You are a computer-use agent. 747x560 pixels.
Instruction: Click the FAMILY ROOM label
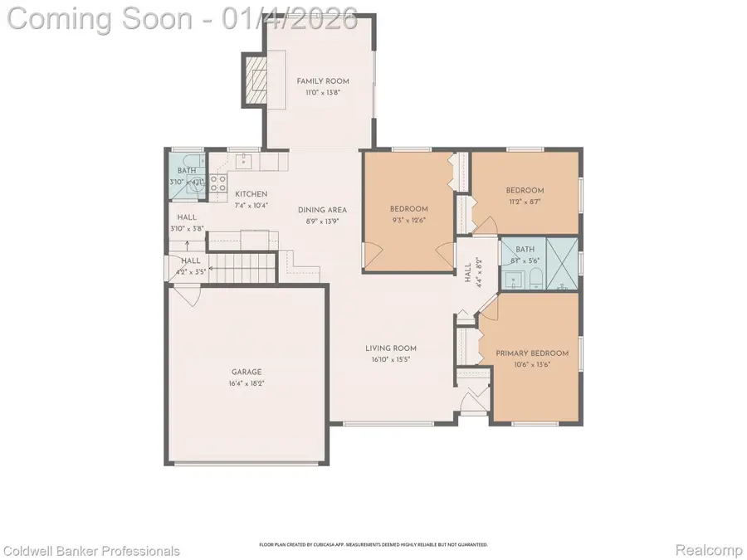(323, 81)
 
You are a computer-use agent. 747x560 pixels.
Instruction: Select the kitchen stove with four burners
(218, 183)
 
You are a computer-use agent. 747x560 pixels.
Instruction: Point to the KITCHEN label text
(250, 194)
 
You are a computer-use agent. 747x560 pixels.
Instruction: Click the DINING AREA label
(322, 210)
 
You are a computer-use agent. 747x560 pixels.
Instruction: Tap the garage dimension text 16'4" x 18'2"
(246, 384)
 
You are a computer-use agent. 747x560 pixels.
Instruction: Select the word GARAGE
(246, 373)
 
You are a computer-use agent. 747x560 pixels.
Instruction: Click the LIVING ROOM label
(391, 348)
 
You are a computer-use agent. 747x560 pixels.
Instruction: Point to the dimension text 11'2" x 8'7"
(525, 202)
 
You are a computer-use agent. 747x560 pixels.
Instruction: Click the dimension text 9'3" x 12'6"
(408, 220)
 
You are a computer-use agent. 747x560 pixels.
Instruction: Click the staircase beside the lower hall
(241, 268)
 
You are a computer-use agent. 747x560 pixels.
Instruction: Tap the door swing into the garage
(188, 295)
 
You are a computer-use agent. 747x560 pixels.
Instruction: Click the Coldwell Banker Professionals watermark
(91, 551)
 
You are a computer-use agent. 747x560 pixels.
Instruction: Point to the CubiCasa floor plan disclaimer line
(373, 545)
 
